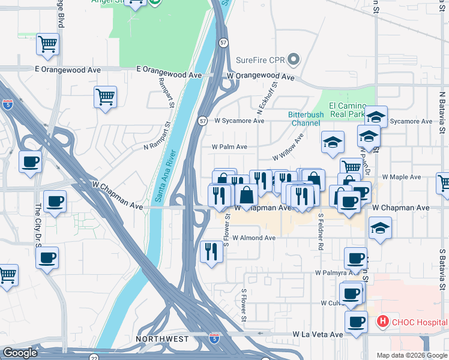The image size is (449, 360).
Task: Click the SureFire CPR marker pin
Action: click(x=294, y=59)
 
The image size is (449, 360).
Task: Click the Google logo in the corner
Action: click(x=20, y=353)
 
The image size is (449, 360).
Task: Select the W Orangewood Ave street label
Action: click(x=261, y=77)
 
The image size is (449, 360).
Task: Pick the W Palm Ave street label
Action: click(x=229, y=146)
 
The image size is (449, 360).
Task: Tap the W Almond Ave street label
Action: click(x=253, y=238)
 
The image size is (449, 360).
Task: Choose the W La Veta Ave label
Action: click(x=318, y=334)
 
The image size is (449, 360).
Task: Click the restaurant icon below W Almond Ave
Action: click(x=211, y=251)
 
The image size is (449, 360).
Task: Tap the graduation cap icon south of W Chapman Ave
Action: click(x=380, y=228)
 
